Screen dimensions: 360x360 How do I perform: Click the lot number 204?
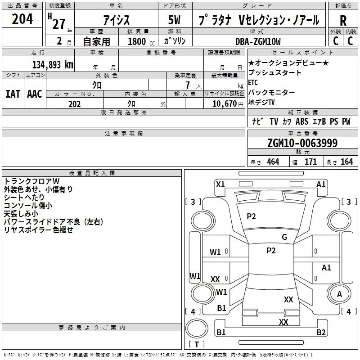click(22, 19)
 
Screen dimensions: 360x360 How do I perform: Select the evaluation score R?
click(343, 21)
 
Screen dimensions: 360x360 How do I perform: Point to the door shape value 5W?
click(176, 20)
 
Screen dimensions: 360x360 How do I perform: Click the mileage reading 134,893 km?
click(53, 65)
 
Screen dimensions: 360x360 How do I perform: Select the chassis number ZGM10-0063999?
click(302, 143)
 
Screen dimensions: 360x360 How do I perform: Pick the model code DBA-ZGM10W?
click(257, 41)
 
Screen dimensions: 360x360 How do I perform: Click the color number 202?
click(74, 104)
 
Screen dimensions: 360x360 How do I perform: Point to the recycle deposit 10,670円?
click(224, 104)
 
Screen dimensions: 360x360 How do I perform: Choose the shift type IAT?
click(13, 94)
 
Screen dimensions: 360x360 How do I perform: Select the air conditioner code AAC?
click(35, 94)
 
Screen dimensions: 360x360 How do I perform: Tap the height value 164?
click(346, 162)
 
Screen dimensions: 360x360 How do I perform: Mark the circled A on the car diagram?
click(339, 294)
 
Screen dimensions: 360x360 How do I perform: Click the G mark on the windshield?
click(284, 237)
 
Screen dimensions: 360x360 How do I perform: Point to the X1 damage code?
click(220, 184)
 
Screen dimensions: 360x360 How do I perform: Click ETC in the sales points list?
click(253, 83)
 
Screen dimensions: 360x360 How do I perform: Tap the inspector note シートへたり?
click(24, 198)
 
